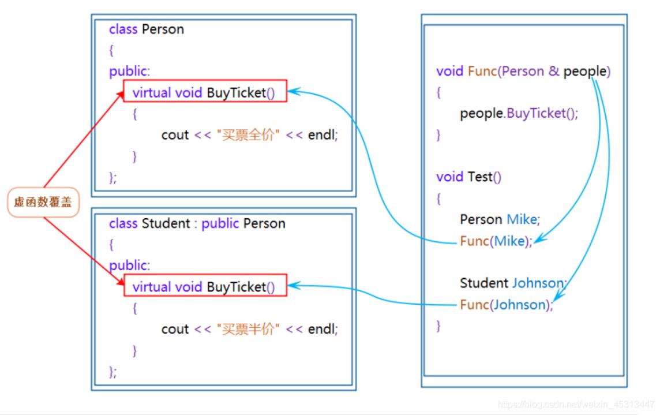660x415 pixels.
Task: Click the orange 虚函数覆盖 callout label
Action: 43,203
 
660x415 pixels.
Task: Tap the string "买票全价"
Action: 248,135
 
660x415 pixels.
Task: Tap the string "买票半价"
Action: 248,329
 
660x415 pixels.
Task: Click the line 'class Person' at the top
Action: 147,29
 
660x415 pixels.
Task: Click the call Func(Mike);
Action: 496,241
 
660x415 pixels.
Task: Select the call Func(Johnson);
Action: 506,305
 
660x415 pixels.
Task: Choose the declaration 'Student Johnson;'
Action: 513,283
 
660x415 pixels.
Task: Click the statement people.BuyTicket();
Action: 519,113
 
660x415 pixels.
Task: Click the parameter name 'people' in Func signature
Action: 585,72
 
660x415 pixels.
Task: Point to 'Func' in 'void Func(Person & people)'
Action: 482,72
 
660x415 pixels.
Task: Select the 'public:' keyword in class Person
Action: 130,72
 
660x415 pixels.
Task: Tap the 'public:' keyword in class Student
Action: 130,266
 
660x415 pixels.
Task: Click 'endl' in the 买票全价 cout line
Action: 321,135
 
